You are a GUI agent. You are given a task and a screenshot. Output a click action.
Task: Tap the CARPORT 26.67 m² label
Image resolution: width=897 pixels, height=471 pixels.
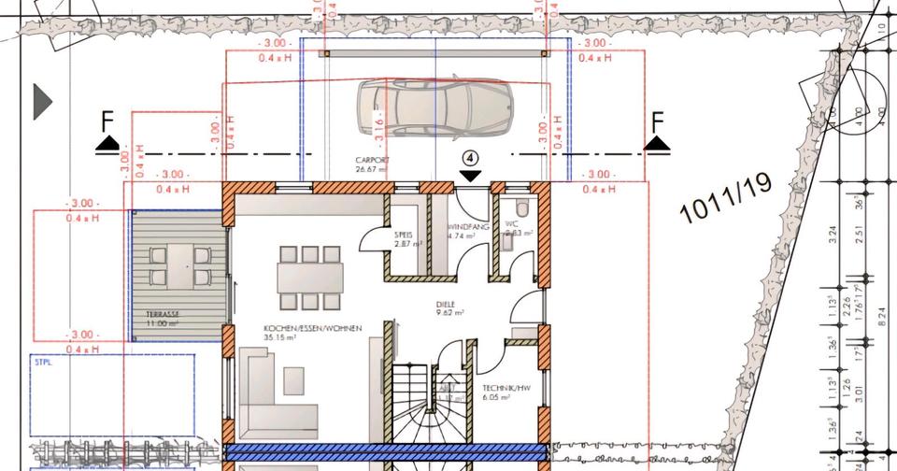click(x=371, y=165)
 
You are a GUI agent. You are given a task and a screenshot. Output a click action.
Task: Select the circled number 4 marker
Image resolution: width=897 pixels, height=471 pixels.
click(x=470, y=158)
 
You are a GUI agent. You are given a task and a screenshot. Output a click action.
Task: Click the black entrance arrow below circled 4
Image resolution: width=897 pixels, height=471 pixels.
click(x=470, y=175)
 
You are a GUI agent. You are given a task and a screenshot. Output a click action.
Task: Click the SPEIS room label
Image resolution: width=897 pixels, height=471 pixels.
click(x=406, y=239)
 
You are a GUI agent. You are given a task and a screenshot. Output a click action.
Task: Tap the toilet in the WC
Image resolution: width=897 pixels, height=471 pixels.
click(x=520, y=207)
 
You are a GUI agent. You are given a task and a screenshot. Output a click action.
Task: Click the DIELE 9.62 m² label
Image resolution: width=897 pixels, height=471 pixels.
click(x=449, y=309)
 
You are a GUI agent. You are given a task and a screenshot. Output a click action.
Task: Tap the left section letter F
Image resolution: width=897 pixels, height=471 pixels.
click(x=107, y=121)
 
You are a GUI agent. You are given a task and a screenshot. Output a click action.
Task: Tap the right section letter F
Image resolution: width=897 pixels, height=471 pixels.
click(x=657, y=121)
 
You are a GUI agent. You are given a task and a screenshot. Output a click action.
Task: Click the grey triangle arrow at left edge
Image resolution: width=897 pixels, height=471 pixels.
click(x=43, y=101)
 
